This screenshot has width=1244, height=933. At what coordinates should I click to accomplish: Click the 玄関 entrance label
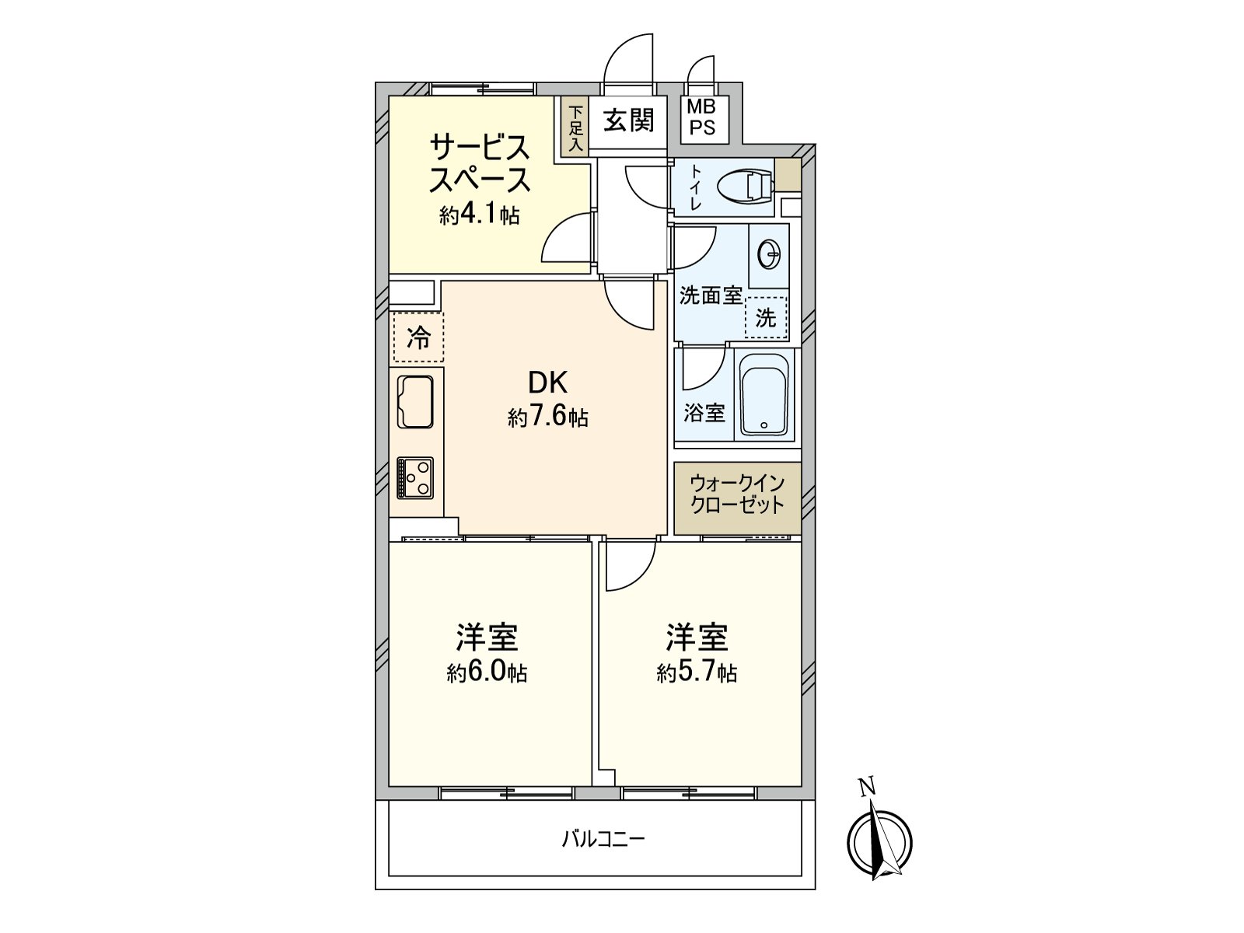[x=628, y=121]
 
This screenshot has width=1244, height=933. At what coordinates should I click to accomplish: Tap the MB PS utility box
[x=704, y=119]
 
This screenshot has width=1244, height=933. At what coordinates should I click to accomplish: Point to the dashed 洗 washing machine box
[x=766, y=317]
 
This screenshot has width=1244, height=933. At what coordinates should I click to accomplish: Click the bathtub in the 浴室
[x=765, y=396]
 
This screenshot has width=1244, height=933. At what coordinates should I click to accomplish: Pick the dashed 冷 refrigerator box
[x=418, y=338]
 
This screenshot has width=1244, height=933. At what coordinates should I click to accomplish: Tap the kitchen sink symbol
[x=415, y=401]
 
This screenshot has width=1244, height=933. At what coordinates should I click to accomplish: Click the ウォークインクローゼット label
[x=737, y=494]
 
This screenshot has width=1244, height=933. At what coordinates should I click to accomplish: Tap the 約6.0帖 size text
[x=487, y=673]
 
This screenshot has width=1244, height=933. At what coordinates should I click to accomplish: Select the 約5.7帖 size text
[x=697, y=673]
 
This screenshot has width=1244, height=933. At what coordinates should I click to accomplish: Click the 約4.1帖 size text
[x=479, y=215]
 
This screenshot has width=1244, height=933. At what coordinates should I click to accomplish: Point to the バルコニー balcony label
[x=603, y=839]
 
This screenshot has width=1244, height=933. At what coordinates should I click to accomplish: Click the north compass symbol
[x=879, y=841]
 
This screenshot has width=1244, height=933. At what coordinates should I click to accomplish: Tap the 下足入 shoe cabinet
[x=576, y=128]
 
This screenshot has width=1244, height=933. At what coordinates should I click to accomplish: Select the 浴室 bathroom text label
[x=704, y=412]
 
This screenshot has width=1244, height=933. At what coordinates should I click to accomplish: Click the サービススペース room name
[x=480, y=163]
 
